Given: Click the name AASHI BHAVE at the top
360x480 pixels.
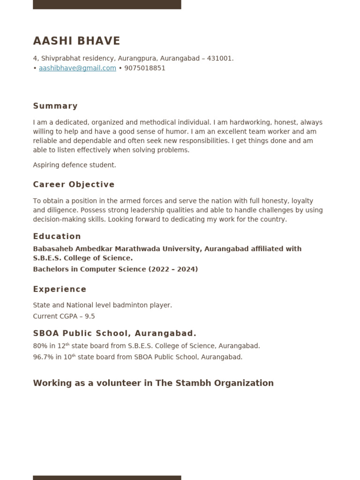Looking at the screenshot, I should pyautogui.click(x=76, y=41).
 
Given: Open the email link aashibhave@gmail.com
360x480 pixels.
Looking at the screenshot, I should pyautogui.click(x=77, y=68).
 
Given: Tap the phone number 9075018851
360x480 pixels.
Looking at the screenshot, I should pyautogui.click(x=145, y=68).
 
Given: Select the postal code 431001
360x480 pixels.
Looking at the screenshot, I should pyautogui.click(x=220, y=59).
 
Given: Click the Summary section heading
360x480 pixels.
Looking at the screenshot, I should pyautogui.click(x=55, y=106).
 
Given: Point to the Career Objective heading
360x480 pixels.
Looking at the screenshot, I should pyautogui.click(x=74, y=185).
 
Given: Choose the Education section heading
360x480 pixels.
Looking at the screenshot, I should pyautogui.click(x=57, y=236).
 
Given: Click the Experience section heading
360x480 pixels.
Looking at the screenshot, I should pyautogui.click(x=60, y=289).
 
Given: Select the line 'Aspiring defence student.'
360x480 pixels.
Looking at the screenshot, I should pyautogui.click(x=74, y=165).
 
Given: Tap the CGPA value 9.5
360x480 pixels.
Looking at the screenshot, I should pyautogui.click(x=90, y=316).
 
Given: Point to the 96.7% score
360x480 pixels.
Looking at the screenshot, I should pyautogui.click(x=43, y=357).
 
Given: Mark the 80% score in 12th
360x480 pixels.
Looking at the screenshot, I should pyautogui.click(x=40, y=346).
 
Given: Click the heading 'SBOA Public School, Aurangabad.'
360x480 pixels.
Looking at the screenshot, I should pyautogui.click(x=114, y=333).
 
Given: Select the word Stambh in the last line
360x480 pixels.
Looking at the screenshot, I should pyautogui.click(x=193, y=383).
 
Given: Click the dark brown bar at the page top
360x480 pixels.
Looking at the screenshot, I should pyautogui.click(x=107, y=4).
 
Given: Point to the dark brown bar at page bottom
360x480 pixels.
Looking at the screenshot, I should pyautogui.click(x=107, y=477).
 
